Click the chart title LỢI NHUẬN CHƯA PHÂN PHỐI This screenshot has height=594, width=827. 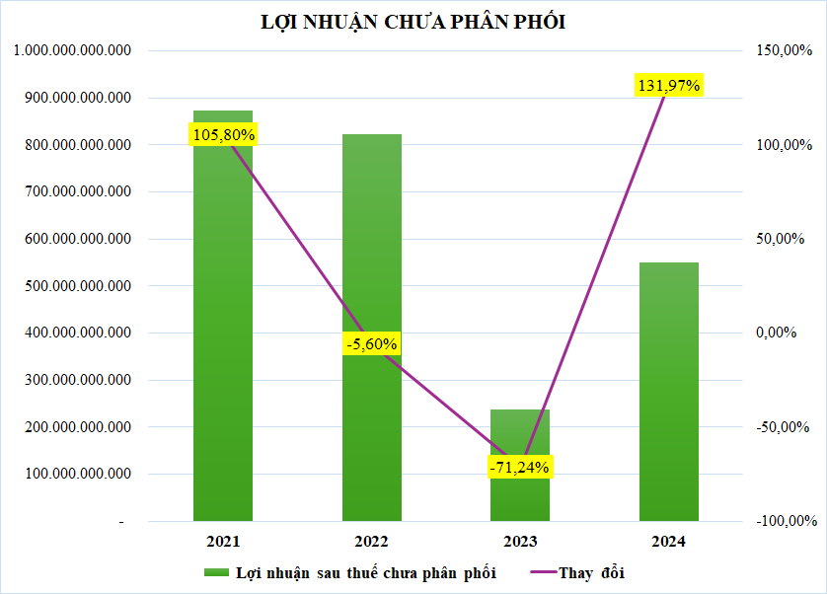tap(413, 23)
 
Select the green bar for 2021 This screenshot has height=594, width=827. tap(223, 326)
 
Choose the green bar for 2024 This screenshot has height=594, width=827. tap(669, 395)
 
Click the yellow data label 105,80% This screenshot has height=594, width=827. tap(223, 134)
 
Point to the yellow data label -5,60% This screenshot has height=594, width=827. tap(372, 344)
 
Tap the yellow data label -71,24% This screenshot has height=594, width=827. tap(520, 467)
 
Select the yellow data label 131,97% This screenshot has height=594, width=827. tap(669, 86)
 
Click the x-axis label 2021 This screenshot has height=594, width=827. tap(223, 542)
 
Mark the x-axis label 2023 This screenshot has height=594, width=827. tap(520, 542)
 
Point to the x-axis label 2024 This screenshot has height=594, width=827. tap(669, 542)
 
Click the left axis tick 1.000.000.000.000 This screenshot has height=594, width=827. tap(73, 50)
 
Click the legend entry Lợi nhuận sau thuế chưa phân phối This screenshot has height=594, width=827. tap(365, 572)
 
